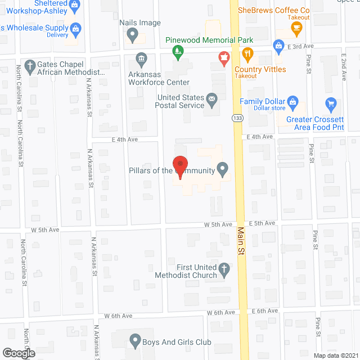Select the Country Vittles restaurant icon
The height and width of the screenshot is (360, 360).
247,55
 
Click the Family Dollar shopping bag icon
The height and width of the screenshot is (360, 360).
292,102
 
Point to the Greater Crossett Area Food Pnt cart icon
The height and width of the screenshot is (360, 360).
331,104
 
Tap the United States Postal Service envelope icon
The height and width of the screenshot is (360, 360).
212,101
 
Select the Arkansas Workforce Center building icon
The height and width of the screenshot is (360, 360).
141,57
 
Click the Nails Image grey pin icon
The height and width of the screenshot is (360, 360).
133,35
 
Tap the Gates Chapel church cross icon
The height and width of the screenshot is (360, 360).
30,65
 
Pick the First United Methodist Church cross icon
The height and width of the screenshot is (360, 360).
224,269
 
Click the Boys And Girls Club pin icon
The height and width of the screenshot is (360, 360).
134,340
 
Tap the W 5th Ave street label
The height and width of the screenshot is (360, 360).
46,230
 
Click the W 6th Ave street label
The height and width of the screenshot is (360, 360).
220,312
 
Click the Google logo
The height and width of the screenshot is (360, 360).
19,353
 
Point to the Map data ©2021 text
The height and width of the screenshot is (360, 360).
335,355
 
